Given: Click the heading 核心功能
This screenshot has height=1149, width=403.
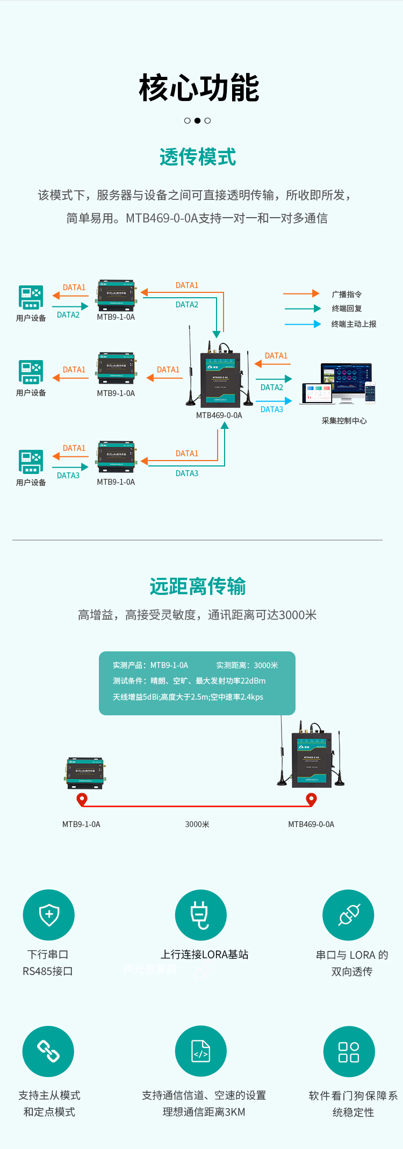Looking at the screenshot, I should click(199, 88).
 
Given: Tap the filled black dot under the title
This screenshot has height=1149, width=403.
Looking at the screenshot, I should click(197, 120).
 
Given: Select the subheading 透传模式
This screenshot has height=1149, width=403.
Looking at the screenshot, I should click(198, 157).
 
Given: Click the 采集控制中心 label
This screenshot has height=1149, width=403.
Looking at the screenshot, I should click(344, 421).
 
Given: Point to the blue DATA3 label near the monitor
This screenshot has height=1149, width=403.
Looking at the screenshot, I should click(272, 410).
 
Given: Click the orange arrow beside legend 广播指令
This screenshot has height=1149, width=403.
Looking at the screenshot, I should click(301, 293).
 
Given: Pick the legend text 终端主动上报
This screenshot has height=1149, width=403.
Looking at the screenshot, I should click(354, 324).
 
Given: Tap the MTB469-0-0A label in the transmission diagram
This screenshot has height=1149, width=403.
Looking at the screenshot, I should click(219, 415).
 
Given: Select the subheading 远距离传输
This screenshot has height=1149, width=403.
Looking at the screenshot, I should click(198, 586).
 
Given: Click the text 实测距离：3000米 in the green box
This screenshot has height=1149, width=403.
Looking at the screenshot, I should click(247, 665).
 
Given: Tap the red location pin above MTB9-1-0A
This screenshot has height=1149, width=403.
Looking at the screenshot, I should click(82, 800).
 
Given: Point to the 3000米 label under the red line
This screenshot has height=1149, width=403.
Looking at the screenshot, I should click(197, 824).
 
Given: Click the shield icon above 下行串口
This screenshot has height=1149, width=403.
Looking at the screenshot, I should click(49, 915).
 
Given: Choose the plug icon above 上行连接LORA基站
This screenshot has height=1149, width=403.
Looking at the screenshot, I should click(200, 915).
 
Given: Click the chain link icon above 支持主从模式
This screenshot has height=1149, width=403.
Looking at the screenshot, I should click(48, 1051).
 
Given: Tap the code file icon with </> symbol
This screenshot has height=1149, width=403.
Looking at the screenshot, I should click(200, 1051).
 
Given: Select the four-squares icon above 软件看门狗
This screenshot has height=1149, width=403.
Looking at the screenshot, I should click(349, 1052).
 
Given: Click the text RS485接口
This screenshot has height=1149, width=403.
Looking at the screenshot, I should click(48, 971).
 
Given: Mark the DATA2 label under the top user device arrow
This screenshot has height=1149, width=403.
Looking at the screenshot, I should click(68, 315).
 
